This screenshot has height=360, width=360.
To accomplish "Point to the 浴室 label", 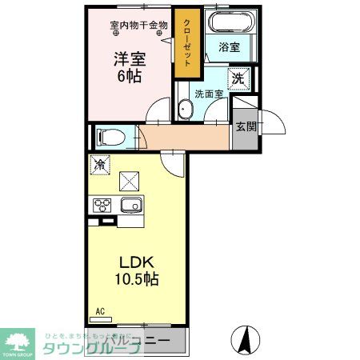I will pos(230,47).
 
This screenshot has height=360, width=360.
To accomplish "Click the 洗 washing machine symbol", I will pos(238,78).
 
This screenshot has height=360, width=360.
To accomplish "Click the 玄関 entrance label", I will pos(245,126).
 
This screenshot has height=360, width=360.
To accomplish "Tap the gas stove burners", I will pos(103,206).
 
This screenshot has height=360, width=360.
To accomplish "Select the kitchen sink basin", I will pos(130,206).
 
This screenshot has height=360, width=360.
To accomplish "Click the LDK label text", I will pos(134,263).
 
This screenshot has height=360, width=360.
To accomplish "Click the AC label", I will pos(100,310).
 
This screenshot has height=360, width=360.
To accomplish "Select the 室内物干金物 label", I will pos(138,25).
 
